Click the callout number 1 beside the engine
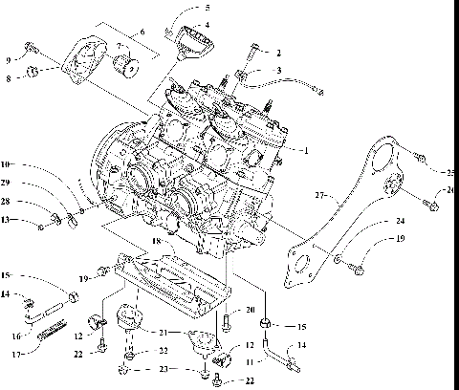(x=305, y=151)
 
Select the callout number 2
(x=278, y=53)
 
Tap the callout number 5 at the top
(x=208, y=8)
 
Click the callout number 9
(x=10, y=59)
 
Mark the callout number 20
(x=250, y=310)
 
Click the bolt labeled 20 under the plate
(x=226, y=322)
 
